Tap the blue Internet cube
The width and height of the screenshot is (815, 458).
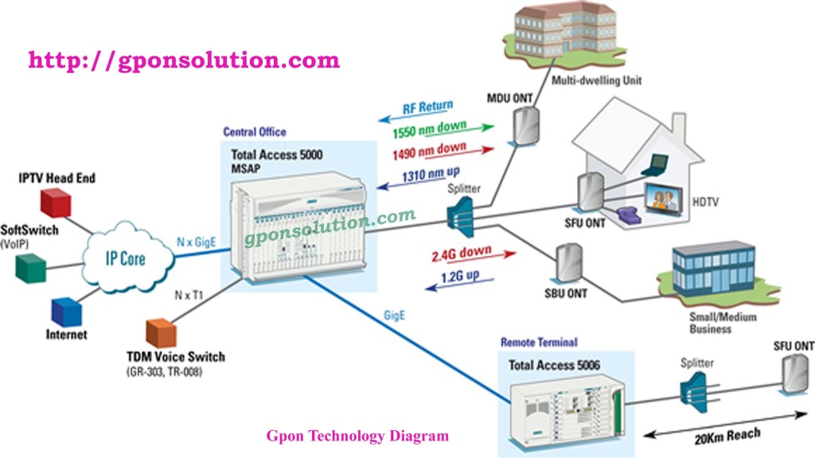[64, 310]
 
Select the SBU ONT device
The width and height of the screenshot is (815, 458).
[567, 262]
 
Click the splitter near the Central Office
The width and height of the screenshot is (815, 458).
[461, 214]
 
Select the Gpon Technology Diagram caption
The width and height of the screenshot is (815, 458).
[357, 436]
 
